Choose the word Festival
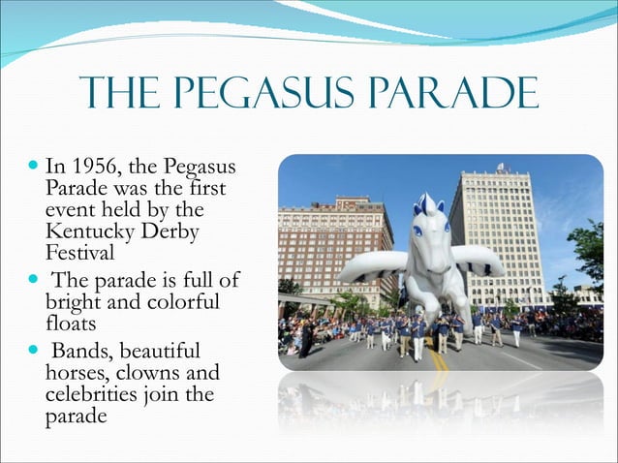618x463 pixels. click(x=80, y=255)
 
